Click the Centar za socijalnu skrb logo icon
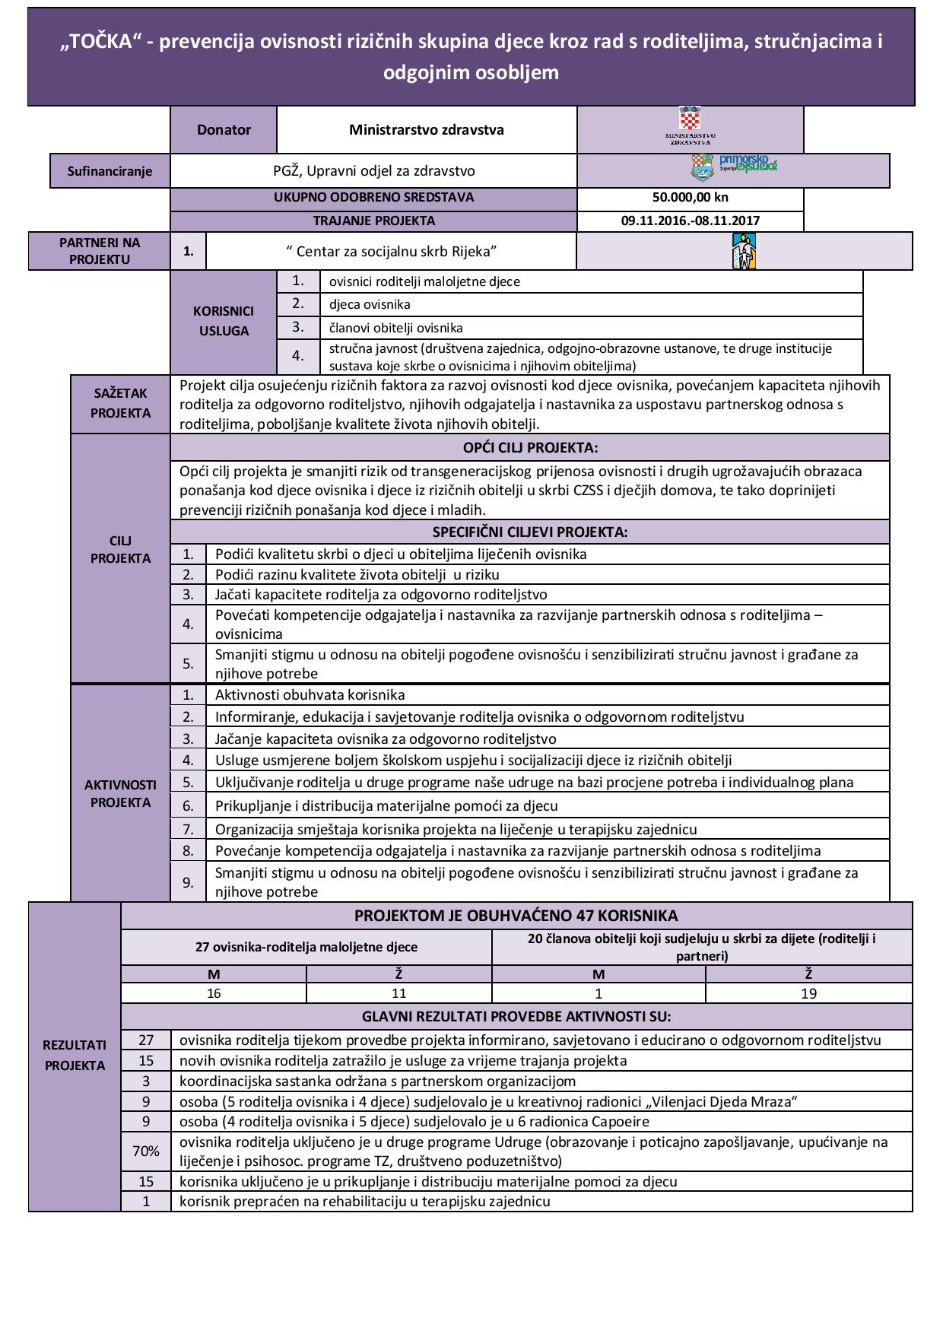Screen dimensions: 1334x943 (744, 251)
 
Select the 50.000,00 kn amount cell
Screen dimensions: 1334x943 (690, 197)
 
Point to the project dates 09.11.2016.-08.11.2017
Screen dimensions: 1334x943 (690, 221)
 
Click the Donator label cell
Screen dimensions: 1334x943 (224, 129)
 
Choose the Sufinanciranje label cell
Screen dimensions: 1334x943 (110, 171)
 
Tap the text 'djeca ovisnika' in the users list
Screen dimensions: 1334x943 (370, 304)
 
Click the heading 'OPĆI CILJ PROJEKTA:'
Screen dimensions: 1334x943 (530, 447)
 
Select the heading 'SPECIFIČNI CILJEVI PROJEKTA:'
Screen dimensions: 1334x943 (530, 532)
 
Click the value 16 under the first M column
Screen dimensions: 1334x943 (214, 993)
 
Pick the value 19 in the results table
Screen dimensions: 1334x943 (808, 993)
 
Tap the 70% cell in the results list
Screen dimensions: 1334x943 (146, 1151)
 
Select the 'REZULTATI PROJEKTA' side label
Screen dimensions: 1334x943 (75, 1055)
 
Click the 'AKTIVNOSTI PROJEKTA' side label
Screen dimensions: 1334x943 (120, 793)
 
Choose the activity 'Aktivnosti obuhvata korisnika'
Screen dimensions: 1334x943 (310, 694)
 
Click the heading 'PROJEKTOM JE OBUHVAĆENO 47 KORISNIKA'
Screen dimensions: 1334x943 (516, 916)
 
